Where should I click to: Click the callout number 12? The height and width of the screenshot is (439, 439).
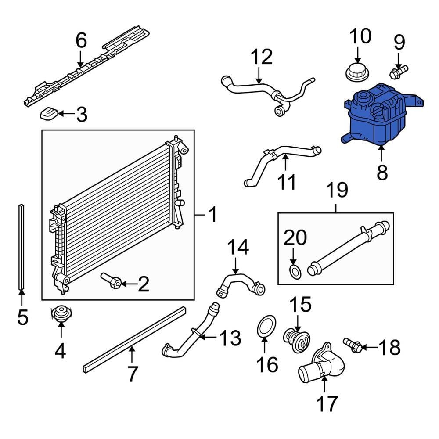(262, 57)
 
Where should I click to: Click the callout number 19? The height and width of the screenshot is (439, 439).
(336, 190)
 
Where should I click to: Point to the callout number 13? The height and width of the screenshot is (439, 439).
(230, 338)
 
